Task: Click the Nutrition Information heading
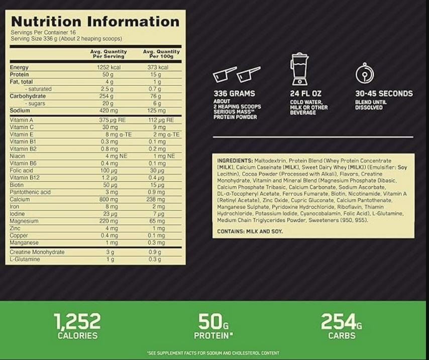(95, 22)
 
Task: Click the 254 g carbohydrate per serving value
(108, 96)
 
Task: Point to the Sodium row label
(20, 110)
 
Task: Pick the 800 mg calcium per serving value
(108, 199)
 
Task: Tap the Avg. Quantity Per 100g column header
(161, 54)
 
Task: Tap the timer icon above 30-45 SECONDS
(364, 73)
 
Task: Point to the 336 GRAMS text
(234, 93)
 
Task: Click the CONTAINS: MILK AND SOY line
(250, 231)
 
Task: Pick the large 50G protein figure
(213, 321)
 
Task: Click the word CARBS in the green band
(342, 336)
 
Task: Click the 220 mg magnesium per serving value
(108, 221)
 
